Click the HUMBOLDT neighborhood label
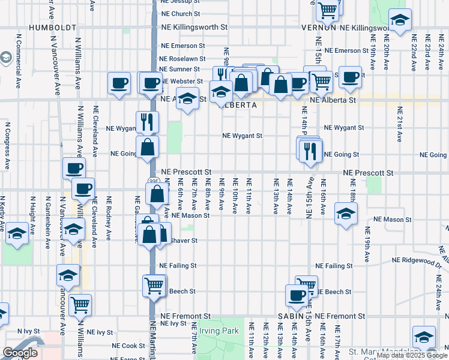pos(52,28)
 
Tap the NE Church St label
pos(181,14)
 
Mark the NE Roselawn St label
pos(182,59)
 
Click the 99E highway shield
pos(153,180)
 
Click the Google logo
pos(21,353)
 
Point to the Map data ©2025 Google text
pos(411,355)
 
